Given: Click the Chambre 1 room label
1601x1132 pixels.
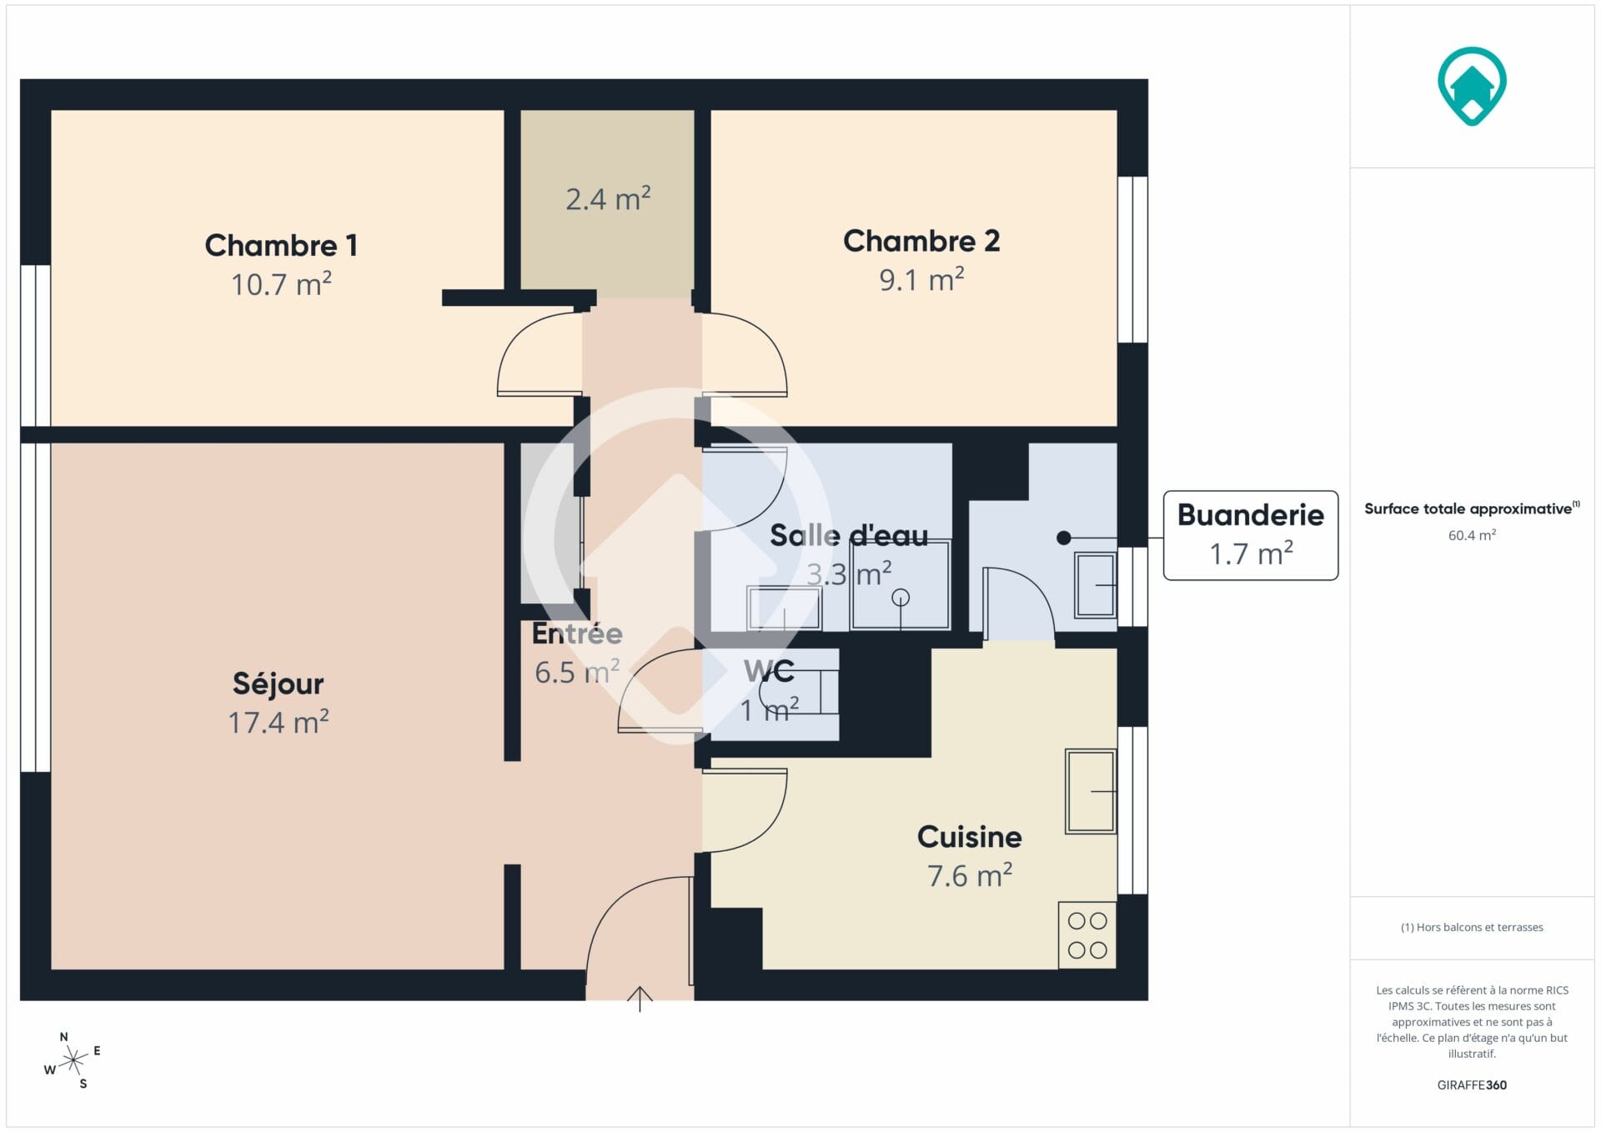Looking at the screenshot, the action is [281, 245].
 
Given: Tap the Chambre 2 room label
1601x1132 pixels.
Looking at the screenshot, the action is [921, 241].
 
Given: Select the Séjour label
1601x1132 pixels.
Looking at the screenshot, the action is [278, 684].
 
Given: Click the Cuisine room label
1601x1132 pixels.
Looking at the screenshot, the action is [969, 837].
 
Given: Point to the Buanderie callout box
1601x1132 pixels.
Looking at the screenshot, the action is [1251, 535].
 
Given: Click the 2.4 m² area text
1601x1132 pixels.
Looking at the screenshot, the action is [608, 198].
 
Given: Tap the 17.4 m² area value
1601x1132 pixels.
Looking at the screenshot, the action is [279, 722].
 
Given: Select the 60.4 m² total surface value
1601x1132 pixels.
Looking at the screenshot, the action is [1472, 535].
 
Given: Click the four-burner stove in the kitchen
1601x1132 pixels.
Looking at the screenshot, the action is [1087, 935].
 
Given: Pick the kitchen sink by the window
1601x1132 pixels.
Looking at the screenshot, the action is [1091, 791].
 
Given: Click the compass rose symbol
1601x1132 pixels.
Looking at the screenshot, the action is [73, 1060].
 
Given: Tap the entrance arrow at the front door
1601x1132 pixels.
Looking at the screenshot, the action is [640, 999].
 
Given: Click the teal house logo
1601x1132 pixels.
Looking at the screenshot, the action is [1472, 86].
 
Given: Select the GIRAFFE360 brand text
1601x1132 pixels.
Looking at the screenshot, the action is [1472, 1084].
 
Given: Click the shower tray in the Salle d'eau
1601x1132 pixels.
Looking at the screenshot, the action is [901, 585].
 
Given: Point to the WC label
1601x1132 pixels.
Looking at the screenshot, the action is [769, 671].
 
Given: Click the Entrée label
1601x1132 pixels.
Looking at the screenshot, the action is [577, 634].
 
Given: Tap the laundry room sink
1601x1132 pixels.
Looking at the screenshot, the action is [1095, 585].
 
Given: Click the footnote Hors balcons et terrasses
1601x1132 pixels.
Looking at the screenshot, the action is [1472, 927].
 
